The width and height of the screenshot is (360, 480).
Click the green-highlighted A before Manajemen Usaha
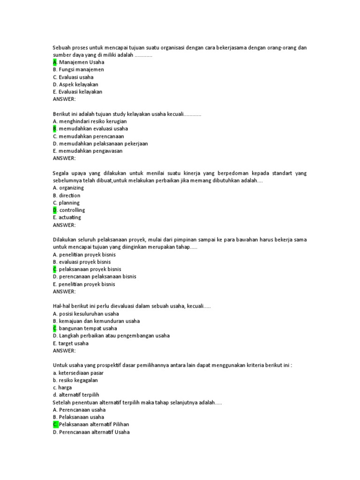point(55,62)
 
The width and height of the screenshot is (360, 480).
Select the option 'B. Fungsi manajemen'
point(78,69)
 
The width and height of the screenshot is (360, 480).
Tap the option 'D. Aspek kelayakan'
point(75,84)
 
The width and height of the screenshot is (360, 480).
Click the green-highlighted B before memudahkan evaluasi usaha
point(55,128)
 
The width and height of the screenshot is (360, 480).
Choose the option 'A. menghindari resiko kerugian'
point(90,121)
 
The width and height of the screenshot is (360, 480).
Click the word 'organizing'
point(71,188)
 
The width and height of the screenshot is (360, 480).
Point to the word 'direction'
point(69,195)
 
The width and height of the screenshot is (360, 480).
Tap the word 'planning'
point(69,203)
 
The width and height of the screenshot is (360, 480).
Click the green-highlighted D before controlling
point(55,210)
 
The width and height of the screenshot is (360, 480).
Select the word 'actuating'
point(70,217)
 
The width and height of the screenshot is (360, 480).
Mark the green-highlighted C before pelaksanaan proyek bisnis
point(55,270)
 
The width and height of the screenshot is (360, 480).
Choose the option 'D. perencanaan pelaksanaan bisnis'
point(95,277)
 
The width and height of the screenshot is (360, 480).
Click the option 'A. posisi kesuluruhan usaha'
point(86,314)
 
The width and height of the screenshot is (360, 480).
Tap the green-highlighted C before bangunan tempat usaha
point(55,329)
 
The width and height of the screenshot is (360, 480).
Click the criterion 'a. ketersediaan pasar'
point(78,373)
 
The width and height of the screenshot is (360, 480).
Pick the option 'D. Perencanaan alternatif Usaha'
point(91,432)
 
